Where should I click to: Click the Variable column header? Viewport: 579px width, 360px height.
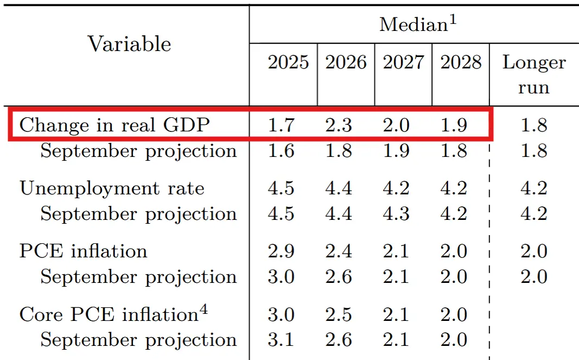(x=129, y=44)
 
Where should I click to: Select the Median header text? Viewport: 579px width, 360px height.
(x=413, y=25)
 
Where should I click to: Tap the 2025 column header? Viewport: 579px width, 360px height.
(x=288, y=62)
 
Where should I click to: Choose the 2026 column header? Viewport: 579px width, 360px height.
(x=346, y=62)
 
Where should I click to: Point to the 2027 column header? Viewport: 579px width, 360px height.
(x=403, y=62)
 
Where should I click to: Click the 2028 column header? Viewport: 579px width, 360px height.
(x=461, y=62)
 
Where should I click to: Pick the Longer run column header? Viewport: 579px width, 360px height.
(x=534, y=75)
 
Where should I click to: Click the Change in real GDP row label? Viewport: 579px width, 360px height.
(x=114, y=125)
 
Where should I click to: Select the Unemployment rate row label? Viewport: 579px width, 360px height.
(x=112, y=188)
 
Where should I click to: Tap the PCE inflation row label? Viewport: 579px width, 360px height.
(x=83, y=251)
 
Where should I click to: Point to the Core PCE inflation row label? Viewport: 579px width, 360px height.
(x=109, y=314)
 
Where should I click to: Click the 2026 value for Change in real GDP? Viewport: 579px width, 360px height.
(x=339, y=125)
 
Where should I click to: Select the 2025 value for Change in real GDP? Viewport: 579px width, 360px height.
(x=281, y=125)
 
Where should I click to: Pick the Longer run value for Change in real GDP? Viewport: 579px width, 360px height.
(x=534, y=125)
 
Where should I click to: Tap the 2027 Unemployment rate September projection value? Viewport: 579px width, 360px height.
(x=396, y=214)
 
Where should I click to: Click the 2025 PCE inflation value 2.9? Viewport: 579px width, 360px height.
(x=281, y=251)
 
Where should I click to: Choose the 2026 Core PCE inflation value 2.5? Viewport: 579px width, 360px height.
(x=339, y=314)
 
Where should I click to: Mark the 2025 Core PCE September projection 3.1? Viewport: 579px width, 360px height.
(x=281, y=340)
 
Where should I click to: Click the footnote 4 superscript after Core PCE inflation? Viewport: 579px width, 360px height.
(x=203, y=310)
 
